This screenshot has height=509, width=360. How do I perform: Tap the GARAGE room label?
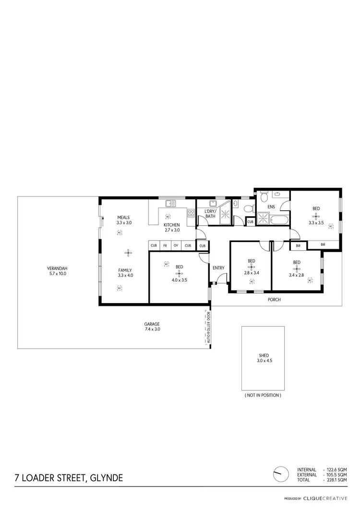point(152,324)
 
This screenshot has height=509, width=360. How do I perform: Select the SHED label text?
point(263,356)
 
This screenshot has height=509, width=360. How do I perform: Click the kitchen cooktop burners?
point(191,214)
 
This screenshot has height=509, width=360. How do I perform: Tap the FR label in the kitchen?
point(165,246)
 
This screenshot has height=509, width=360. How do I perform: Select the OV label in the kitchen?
point(176,246)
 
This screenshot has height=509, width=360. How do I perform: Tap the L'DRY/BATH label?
point(211,214)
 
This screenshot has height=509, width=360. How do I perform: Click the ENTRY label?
point(218,268)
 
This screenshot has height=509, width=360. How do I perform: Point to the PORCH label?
point(275,300)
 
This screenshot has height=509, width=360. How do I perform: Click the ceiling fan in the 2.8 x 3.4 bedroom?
point(252,267)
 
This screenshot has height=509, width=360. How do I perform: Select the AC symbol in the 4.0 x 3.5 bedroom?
point(167,264)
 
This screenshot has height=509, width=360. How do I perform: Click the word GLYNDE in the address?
point(105,478)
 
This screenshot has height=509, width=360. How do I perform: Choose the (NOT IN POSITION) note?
point(263,396)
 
